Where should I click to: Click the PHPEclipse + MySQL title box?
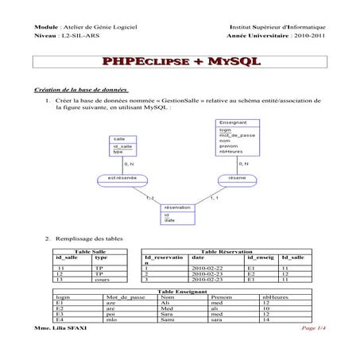pos(179,63)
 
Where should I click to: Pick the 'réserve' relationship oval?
pos(236,178)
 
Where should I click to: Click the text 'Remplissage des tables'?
pos(88,238)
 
